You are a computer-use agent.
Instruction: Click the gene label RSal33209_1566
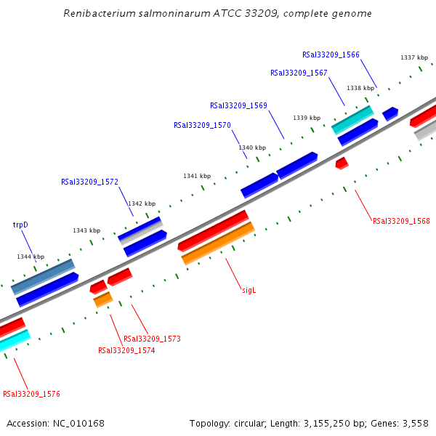(331, 54)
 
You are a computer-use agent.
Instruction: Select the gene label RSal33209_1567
(299, 73)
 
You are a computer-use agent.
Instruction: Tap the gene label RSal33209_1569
(238, 105)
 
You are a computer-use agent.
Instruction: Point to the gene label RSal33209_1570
(202, 125)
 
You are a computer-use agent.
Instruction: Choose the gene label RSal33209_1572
(89, 182)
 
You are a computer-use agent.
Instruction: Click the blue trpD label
(20, 225)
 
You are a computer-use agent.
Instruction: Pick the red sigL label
(249, 290)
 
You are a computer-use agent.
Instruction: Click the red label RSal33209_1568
(401, 221)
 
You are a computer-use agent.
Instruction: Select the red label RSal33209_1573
(152, 339)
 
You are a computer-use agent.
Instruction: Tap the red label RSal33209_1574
(126, 350)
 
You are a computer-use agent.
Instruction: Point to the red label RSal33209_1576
(31, 394)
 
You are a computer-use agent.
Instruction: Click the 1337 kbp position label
(413, 57)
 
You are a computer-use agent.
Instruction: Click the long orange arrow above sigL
(218, 243)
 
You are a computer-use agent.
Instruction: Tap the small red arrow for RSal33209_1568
(342, 163)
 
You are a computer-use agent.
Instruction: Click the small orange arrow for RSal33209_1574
(102, 299)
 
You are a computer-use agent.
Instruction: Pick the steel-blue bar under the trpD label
(43, 276)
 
